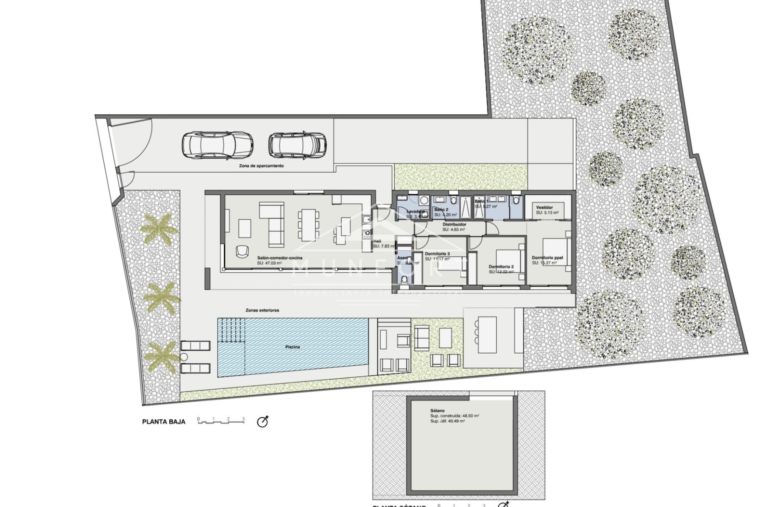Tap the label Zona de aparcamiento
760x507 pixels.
pyautogui.click(x=261, y=166)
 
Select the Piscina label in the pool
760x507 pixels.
pyautogui.click(x=293, y=347)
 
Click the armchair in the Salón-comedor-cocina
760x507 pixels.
pyautogui.click(x=241, y=251)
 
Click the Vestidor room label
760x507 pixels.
pyautogui.click(x=544, y=208)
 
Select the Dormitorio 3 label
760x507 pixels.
pyautogui.click(x=437, y=254)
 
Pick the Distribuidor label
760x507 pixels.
pyautogui.click(x=454, y=224)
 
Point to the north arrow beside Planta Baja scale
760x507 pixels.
pyautogui.click(x=263, y=422)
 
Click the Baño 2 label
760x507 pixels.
pyautogui.click(x=441, y=209)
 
